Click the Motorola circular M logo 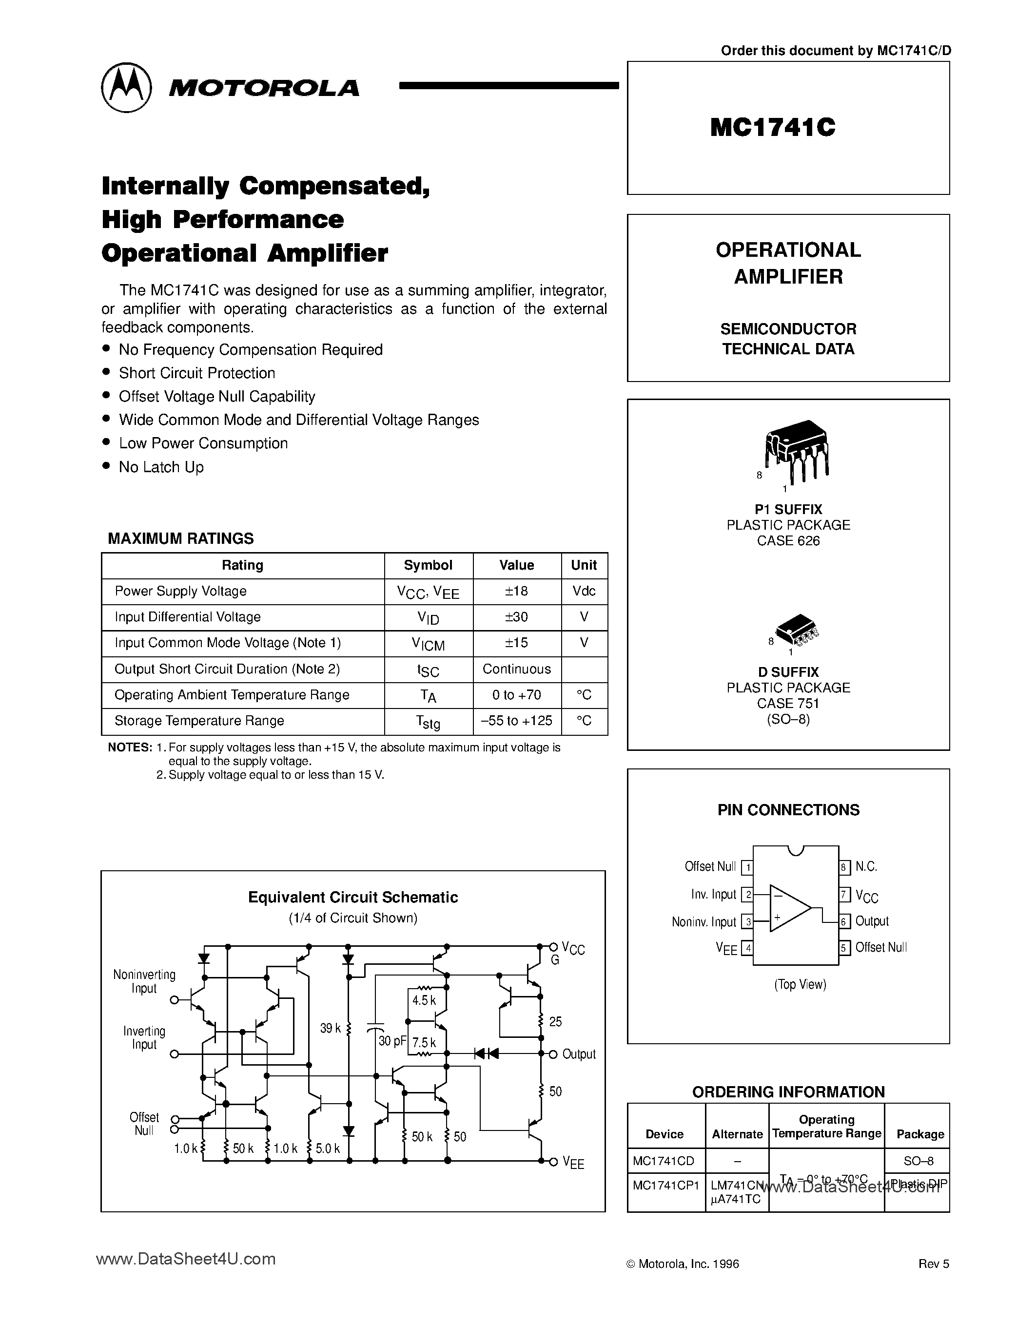tap(126, 88)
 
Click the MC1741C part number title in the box tap(772, 128)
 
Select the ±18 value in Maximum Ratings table tap(516, 591)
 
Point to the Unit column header tap(584, 565)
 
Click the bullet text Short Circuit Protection tap(196, 373)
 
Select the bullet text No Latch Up tap(161, 467)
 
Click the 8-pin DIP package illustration tap(797, 448)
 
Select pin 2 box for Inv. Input tap(747, 895)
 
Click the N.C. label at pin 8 tap(866, 866)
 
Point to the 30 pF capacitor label tap(392, 1041)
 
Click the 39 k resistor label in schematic tap(330, 1028)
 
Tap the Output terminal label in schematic tap(578, 1054)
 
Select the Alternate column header tap(737, 1134)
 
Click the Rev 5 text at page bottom tap(933, 1264)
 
